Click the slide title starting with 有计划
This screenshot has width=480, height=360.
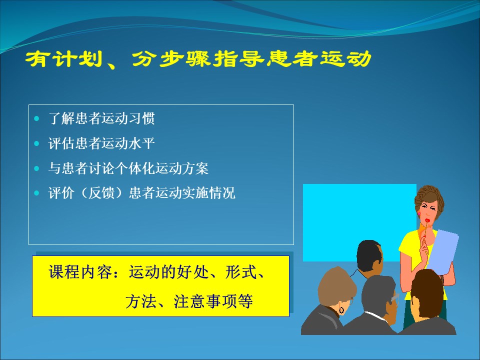pyautogui.click(x=198, y=59)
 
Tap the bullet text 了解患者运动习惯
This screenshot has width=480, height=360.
pyautogui.click(x=101, y=118)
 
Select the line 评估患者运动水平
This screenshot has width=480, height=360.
pyautogui.click(x=101, y=143)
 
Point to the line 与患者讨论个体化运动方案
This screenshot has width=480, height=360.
pyautogui.click(x=128, y=168)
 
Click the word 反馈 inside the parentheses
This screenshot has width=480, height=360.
pyautogui.click(x=101, y=193)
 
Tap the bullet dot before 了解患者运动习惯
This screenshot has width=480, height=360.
pyautogui.click(x=37, y=118)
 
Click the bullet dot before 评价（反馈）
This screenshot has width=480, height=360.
pyautogui.click(x=37, y=193)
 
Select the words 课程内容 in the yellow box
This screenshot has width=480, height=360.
pyautogui.click(x=80, y=271)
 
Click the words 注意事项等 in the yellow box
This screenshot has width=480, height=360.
pyautogui.click(x=213, y=301)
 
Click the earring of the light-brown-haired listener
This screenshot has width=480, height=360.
pyautogui.click(x=341, y=310)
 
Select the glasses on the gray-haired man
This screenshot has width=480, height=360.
pyautogui.click(x=395, y=297)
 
